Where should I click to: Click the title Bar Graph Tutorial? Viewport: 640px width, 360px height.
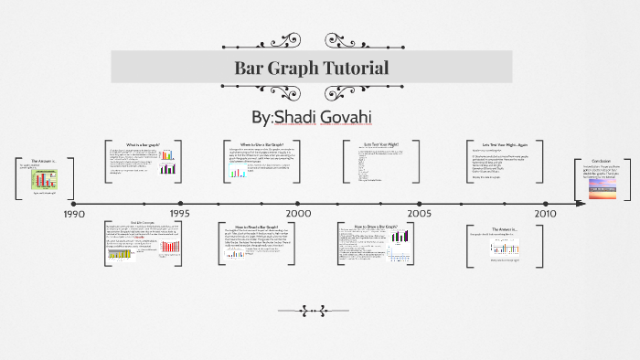tap(312, 68)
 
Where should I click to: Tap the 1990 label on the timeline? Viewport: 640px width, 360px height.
tap(74, 214)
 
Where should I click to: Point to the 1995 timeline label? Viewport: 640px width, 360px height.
tap(179, 214)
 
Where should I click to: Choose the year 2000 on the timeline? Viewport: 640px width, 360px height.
tap(298, 214)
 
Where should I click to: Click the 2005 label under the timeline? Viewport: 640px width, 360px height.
tap(420, 214)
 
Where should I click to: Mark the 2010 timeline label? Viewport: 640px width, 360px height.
tap(545, 214)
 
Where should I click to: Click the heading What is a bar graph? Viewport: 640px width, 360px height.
tap(144, 145)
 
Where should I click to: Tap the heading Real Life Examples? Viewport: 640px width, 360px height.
tap(144, 223)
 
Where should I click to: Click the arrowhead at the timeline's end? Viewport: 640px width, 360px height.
tap(581, 204)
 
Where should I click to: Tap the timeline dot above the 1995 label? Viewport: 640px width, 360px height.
tap(180, 204)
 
